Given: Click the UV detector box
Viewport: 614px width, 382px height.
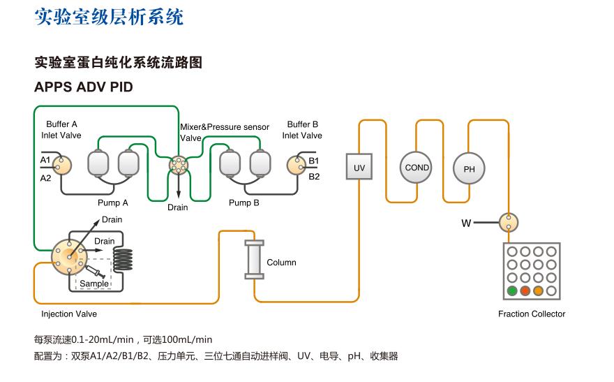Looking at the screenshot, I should coord(359,168).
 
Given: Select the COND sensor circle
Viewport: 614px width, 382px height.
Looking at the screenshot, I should coord(417,168).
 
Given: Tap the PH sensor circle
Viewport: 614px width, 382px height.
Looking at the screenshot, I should coord(469,169).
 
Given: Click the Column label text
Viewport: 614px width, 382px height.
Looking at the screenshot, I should coord(281,263).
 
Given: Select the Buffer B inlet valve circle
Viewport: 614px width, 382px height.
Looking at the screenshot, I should coord(297,165).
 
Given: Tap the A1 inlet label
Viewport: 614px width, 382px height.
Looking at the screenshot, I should coord(45,161).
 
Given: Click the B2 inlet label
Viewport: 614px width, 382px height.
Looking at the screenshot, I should coord(314,177).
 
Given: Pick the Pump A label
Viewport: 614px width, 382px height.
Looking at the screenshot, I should coord(113,203).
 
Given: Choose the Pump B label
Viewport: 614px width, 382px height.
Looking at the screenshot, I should coord(244,203).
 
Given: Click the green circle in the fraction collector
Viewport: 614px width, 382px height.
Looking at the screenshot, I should coord(512,291).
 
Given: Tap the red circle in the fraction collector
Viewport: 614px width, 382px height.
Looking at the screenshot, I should coord(525,291).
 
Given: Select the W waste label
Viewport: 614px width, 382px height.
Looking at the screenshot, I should coord(466,223).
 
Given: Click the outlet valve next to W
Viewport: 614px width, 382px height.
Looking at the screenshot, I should coord(509,223).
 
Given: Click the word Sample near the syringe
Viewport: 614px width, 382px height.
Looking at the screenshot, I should coord(94,284).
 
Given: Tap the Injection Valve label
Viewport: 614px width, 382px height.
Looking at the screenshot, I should coord(69,314).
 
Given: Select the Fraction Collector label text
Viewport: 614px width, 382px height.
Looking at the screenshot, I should coord(532,314).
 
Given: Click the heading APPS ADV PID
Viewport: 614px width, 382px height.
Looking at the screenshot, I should coord(83,87).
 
